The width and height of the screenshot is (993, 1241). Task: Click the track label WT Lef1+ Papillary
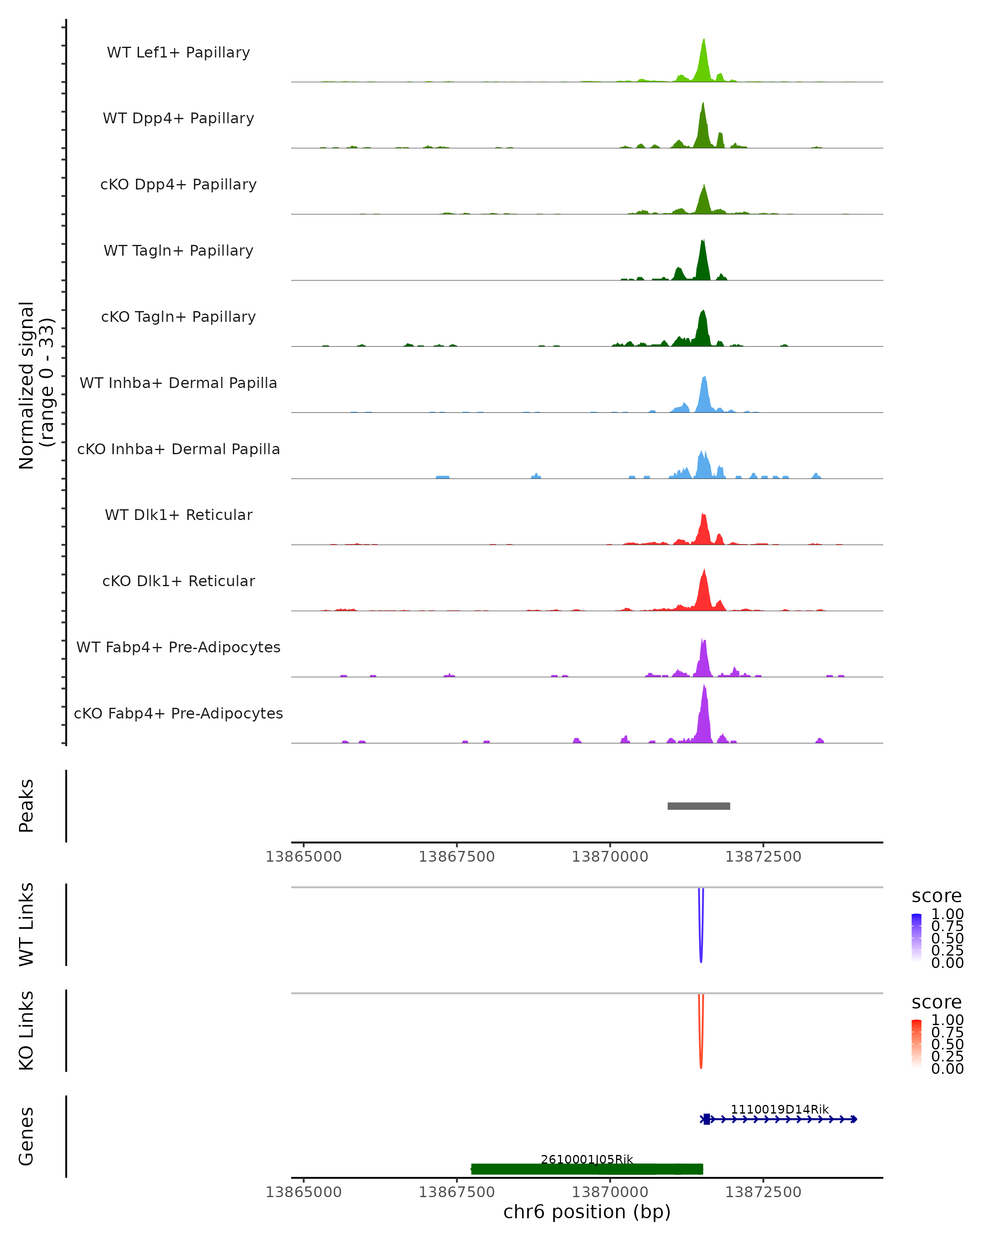pos(178,53)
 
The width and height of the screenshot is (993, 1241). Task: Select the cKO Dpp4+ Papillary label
pos(178,185)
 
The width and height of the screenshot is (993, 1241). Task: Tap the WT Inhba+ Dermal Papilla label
pos(178,383)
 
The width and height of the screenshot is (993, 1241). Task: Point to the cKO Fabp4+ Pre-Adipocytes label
pos(178,714)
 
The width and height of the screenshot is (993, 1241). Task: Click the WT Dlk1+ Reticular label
pos(178,515)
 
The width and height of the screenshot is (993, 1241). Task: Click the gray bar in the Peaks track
pos(699,806)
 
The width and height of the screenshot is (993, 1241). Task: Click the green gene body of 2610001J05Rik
pos(587,1169)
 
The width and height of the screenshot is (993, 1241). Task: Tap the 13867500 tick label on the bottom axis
pos(456,1192)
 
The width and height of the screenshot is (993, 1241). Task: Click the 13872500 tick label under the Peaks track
pos(763,857)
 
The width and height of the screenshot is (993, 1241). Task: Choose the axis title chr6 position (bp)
pos(587,1212)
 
